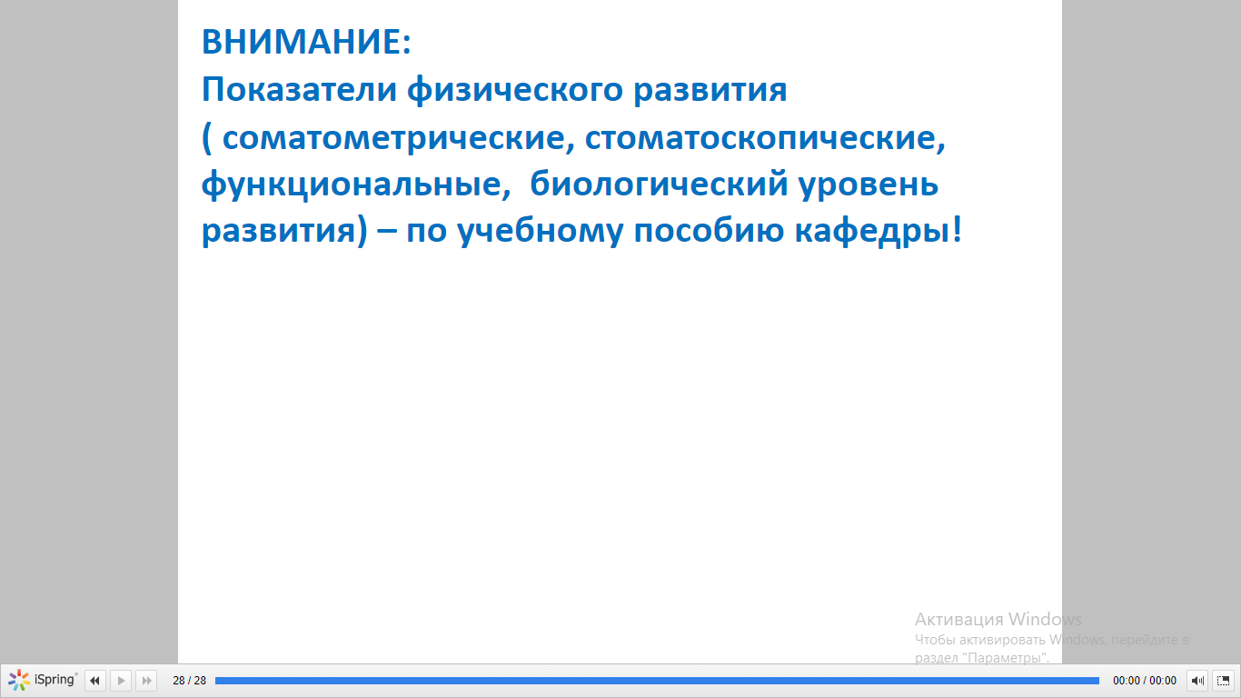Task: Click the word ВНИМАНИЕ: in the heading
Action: coord(306,42)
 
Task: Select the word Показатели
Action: coord(299,90)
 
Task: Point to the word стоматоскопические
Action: coord(765,137)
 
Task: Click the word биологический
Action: coord(659,185)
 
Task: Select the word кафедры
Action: coord(872,232)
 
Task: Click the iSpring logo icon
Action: coord(19,680)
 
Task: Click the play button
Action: coord(121,681)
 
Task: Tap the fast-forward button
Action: coord(146,681)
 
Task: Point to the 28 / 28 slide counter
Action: coord(189,681)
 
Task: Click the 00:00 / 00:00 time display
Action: coord(1145,681)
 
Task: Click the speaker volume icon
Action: coord(1197,681)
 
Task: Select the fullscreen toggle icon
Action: coord(1223,681)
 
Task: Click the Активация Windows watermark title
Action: coord(998,619)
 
